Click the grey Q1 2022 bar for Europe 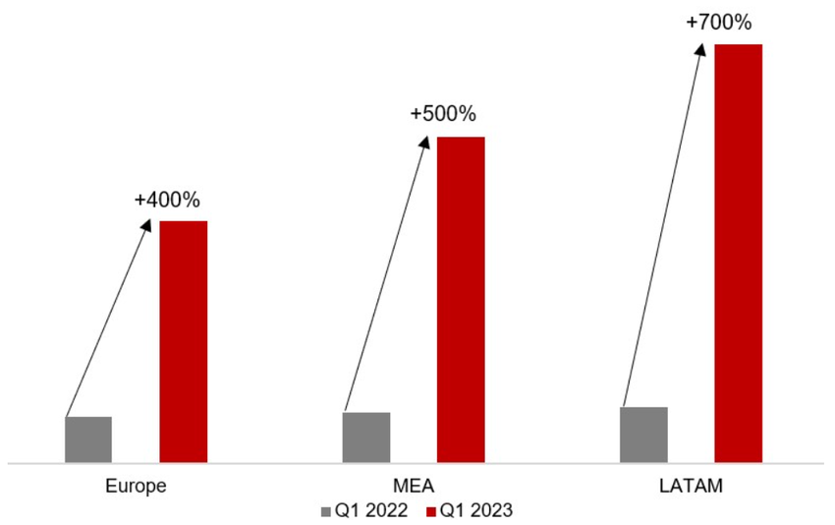(x=88, y=439)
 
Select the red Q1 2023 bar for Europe (x=184, y=341)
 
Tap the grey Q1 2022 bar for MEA (x=366, y=437)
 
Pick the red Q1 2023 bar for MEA (x=461, y=299)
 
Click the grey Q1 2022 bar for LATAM (x=644, y=434)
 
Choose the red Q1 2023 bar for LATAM (x=739, y=253)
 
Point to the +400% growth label (x=167, y=201)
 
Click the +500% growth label (x=444, y=115)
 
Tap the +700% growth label (x=719, y=22)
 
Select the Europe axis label (x=136, y=487)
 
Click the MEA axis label (x=414, y=487)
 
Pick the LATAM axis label (x=692, y=487)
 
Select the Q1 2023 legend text (x=476, y=510)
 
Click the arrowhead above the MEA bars (x=424, y=142)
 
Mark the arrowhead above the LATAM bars (x=701, y=48)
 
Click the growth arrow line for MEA (x=386, y=275)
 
